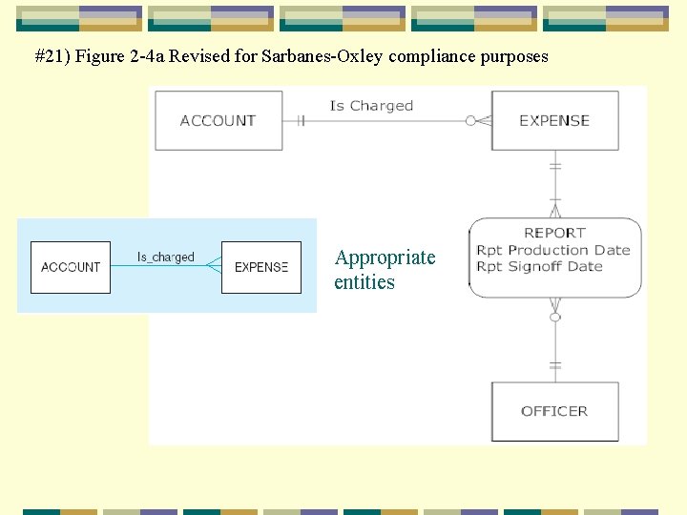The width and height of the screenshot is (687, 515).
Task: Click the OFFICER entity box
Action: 554,411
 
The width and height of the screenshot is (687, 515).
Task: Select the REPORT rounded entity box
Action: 554,257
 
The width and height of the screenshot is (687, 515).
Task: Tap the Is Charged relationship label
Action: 371,106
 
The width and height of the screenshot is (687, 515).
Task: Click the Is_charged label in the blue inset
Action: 165,257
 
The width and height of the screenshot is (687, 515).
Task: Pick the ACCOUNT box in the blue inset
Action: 71,267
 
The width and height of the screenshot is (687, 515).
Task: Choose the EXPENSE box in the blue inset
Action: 260,267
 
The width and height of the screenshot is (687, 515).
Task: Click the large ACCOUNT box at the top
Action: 219,120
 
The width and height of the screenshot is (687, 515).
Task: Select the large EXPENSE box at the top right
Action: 554,120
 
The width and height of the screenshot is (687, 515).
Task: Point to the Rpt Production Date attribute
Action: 553,250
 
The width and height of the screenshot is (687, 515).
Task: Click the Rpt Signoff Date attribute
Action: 540,266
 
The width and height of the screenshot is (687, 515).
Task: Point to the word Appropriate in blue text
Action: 385,257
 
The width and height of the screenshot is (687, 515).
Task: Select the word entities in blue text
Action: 364,282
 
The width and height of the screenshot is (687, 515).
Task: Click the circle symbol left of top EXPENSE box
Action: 470,120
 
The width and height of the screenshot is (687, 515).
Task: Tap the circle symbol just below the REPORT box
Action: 555,316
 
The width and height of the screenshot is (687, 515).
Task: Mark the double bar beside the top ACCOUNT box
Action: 300,120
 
